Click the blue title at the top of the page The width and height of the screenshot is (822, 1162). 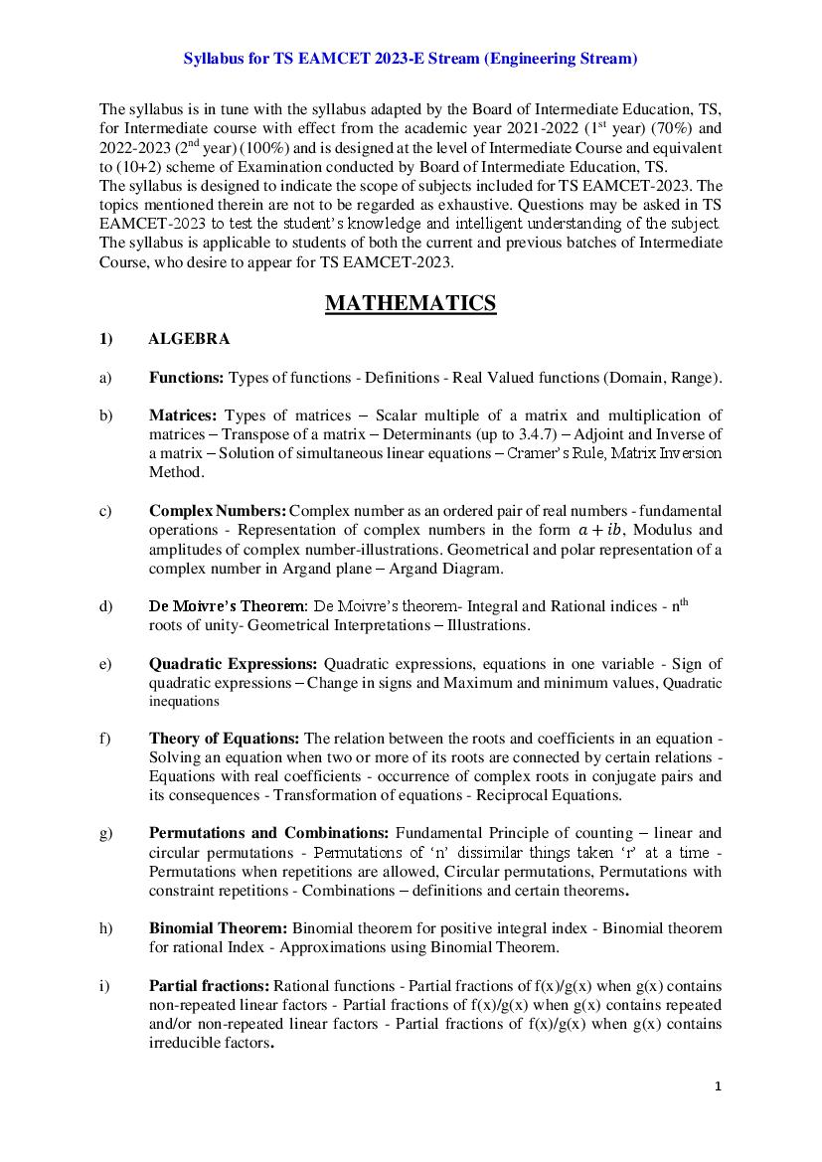[x=411, y=60]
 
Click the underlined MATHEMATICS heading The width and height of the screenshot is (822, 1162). [x=411, y=303]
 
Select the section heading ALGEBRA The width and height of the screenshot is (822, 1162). [x=189, y=339]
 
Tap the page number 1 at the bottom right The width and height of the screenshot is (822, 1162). [x=718, y=1086]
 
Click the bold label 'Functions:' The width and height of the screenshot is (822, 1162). [x=187, y=378]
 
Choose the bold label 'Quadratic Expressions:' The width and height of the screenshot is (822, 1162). [x=234, y=664]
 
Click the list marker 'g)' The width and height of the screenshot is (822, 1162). [x=105, y=833]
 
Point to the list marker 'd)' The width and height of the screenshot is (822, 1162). [x=105, y=606]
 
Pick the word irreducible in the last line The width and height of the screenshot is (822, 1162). [x=187, y=1043]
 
